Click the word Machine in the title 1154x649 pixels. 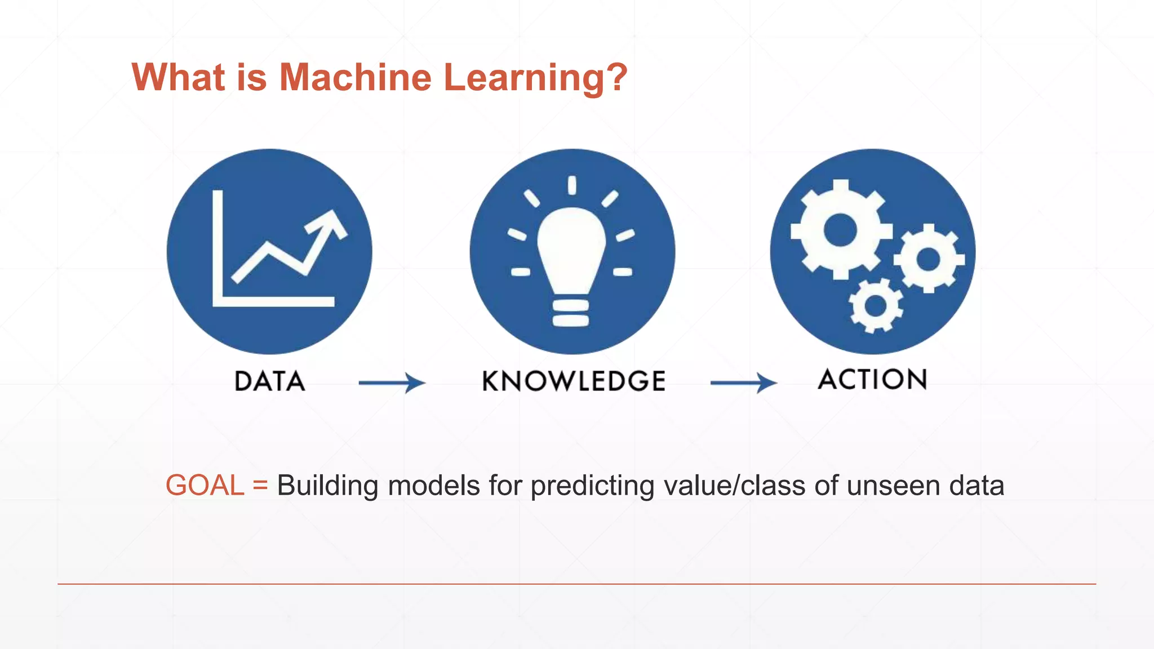[x=355, y=77]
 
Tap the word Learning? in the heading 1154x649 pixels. [x=535, y=77]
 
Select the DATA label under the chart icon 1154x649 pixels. [x=269, y=381]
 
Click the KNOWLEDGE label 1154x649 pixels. [x=574, y=381]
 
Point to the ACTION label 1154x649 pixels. [x=872, y=379]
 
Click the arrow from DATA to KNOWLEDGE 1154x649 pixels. [x=392, y=383]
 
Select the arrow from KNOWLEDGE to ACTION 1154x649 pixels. [x=744, y=383]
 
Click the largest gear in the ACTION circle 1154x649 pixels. [x=840, y=230]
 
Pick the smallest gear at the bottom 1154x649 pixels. [x=876, y=306]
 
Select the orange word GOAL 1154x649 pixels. [x=205, y=486]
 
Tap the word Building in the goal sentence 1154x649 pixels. [x=327, y=486]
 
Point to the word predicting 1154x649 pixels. [x=593, y=486]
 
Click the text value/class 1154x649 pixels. [x=735, y=486]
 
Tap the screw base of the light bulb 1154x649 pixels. [x=571, y=313]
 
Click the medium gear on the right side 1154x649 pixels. [x=929, y=259]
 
